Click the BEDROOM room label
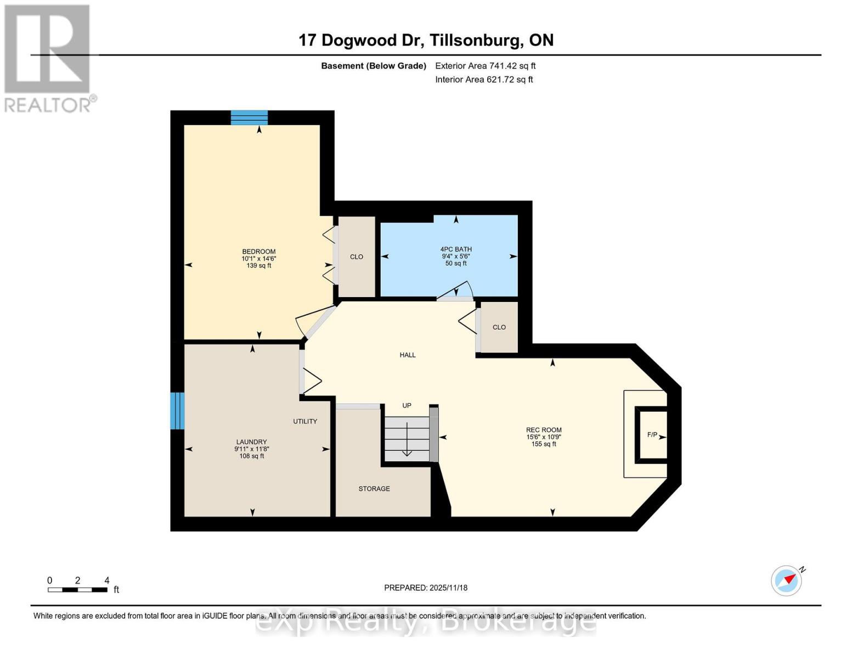(x=259, y=252)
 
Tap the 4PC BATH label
(x=455, y=249)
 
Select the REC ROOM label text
(x=543, y=431)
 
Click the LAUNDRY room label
(x=251, y=442)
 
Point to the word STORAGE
(x=374, y=489)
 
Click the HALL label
(x=408, y=355)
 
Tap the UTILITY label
(x=305, y=422)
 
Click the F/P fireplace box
(x=652, y=435)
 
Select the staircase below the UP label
(x=407, y=438)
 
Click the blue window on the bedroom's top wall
(x=249, y=118)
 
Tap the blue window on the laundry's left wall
(x=177, y=411)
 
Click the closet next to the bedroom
(x=357, y=257)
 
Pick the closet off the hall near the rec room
(x=499, y=327)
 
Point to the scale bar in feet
(x=77, y=590)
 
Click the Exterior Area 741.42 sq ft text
(x=485, y=66)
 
